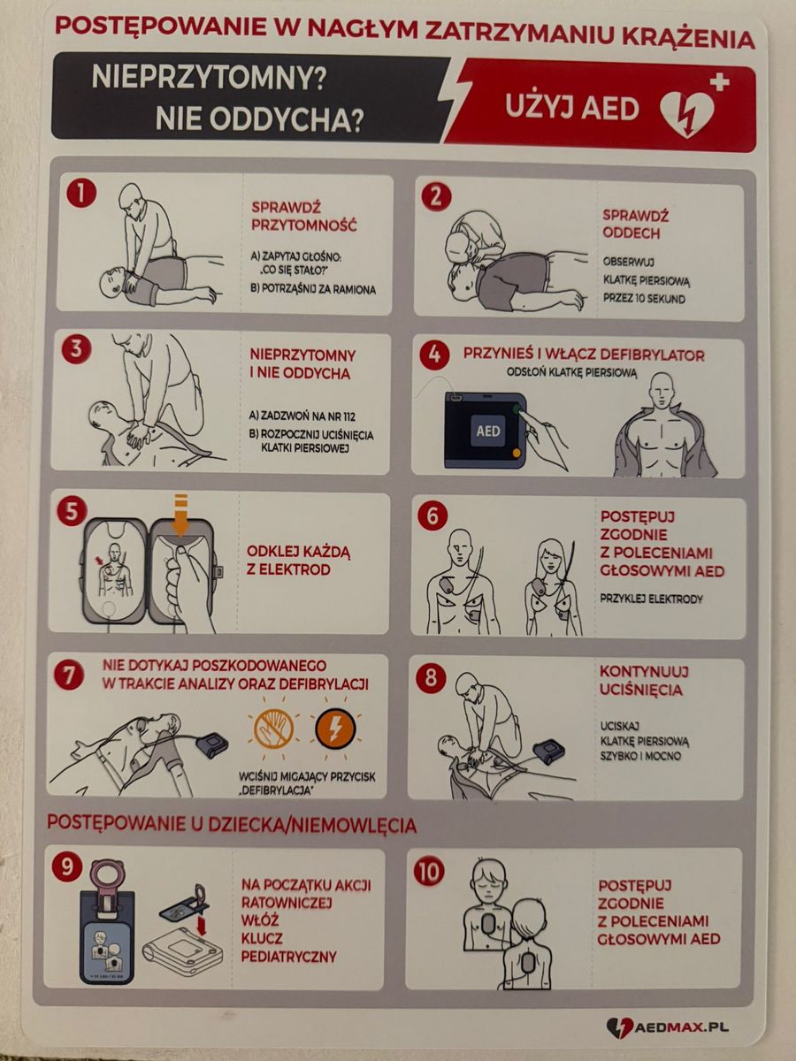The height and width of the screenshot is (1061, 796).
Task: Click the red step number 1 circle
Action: coord(81,193)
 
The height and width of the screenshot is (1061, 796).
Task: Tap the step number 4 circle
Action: coord(434,355)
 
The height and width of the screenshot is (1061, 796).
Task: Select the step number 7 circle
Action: coord(68,675)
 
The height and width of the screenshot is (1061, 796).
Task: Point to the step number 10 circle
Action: coord(429,872)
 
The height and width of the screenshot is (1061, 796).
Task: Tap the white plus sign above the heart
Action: coord(719,83)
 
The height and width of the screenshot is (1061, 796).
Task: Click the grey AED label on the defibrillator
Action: coord(488,431)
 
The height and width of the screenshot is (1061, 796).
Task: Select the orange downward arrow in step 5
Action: coord(180,515)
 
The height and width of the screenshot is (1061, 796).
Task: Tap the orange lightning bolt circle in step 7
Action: coord(335,727)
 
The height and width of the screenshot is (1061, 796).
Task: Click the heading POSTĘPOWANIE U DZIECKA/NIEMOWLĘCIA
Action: coord(232,824)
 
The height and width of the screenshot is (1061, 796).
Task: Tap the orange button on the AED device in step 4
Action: coord(517,453)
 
